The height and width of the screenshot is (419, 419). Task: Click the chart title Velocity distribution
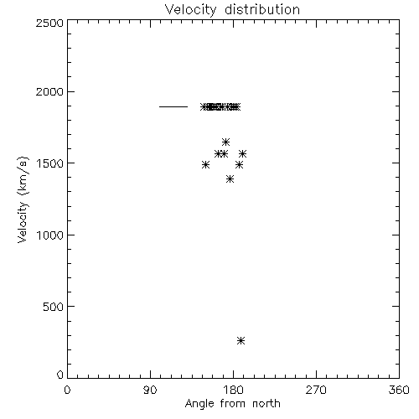[x=232, y=10]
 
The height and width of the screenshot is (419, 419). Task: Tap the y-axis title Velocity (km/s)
[x=23, y=199]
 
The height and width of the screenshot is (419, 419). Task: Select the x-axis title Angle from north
[x=233, y=404]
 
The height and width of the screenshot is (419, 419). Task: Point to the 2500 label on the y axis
[x=49, y=23]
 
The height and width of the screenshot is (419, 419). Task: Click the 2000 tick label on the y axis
[x=49, y=91]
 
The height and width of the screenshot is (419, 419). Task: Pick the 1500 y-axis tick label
[x=50, y=163]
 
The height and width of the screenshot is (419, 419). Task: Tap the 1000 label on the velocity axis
[x=50, y=235]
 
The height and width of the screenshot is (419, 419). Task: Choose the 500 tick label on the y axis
[x=54, y=307]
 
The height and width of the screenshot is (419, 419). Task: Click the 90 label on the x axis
[x=150, y=390]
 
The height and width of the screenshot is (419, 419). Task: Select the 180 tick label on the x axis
[x=233, y=390]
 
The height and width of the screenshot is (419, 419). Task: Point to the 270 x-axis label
[x=316, y=390]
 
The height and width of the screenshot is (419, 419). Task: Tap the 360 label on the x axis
[x=399, y=390]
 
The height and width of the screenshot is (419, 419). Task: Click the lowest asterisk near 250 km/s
[x=241, y=341]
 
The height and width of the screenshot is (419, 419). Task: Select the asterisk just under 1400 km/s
[x=230, y=179]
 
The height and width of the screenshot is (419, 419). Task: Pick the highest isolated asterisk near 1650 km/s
[x=225, y=142]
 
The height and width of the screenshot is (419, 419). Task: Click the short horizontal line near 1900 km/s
[x=173, y=106]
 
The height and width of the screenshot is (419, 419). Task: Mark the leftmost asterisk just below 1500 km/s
[x=205, y=165]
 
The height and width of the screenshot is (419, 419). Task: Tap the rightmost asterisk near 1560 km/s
[x=242, y=153]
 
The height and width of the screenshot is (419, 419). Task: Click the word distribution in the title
[x=262, y=10]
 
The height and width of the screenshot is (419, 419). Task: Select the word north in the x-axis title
[x=266, y=404]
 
